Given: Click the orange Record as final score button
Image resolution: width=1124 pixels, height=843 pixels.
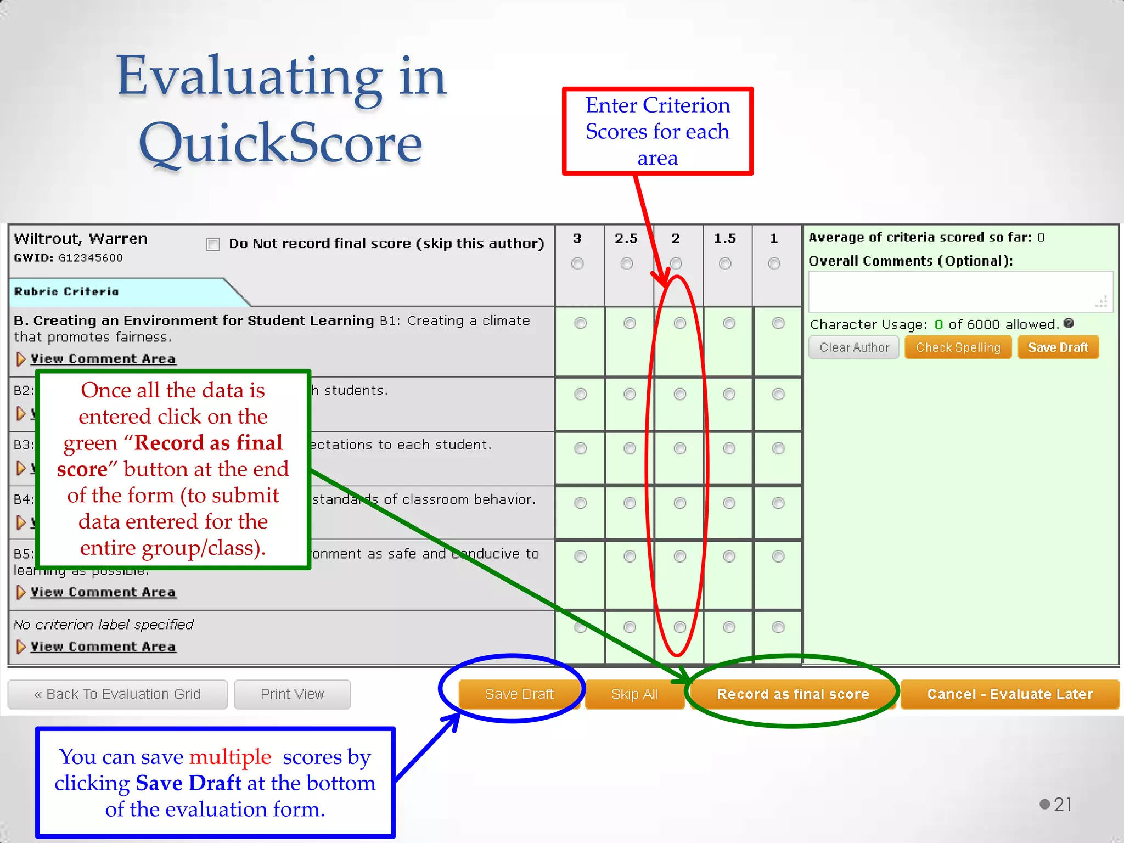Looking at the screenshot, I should coord(793,694).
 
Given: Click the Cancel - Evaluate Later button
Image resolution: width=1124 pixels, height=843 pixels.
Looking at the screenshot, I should coord(1009,694).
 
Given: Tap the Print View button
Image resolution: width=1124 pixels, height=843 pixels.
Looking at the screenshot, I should coord(292,694).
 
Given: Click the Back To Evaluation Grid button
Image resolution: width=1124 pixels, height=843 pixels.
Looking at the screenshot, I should coord(117,694).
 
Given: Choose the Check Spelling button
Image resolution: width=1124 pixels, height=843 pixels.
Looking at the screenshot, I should coord(958,347).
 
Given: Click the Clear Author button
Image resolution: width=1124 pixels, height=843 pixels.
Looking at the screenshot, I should coord(853,347).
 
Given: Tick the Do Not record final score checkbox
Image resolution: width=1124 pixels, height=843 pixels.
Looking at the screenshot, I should coord(213,244).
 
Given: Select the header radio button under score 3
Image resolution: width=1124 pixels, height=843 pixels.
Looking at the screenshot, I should coord(577,264).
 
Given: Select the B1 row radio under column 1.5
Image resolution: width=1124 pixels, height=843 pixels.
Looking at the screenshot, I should coord(729,323).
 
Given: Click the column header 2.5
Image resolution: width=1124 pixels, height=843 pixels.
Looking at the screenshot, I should coord(626,238).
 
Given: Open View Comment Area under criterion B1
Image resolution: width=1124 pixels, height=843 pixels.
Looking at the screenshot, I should coord(103,359).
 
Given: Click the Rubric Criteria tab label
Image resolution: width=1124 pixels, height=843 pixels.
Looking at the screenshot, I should coord(66,291).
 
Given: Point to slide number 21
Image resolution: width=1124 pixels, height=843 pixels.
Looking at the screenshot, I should coord(1063,804).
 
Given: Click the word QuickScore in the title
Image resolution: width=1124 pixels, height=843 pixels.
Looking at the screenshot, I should coord(280,143).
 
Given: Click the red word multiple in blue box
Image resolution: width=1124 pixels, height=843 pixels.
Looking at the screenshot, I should coord(230,757).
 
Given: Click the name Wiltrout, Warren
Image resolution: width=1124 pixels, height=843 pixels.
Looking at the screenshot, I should coord(81,239).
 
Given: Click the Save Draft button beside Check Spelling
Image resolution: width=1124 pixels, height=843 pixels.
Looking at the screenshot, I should coord(1058,347).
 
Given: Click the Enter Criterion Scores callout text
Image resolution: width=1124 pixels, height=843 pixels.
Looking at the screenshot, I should coord(657,131).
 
